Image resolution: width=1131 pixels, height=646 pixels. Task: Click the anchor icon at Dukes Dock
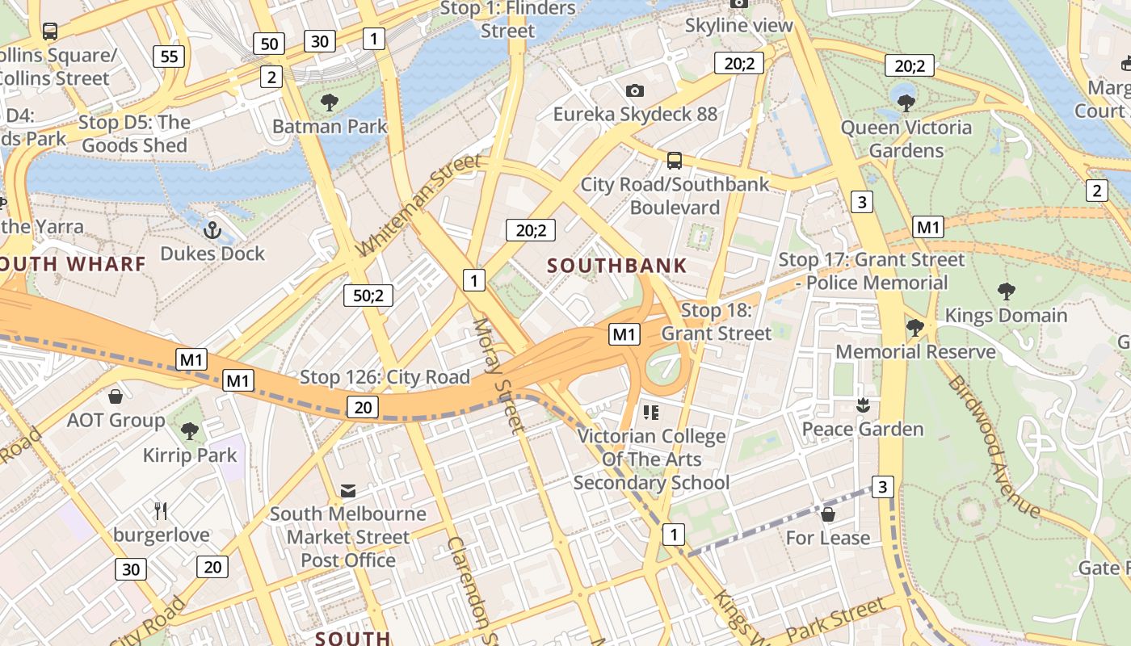[212, 231]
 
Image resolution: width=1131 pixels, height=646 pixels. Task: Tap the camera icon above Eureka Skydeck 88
[635, 90]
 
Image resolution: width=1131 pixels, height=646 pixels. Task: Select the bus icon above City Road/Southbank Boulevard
[675, 161]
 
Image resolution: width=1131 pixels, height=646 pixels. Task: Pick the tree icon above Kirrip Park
[190, 431]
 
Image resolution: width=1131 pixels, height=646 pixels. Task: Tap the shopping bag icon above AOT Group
[116, 396]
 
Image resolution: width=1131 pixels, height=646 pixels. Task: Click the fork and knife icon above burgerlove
[161, 510]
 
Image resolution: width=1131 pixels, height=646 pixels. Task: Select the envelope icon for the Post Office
[348, 490]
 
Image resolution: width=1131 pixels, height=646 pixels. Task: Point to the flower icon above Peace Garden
[863, 405]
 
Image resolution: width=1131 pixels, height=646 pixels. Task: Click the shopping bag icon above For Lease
[828, 514]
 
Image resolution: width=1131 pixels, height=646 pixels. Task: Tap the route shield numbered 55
[170, 57]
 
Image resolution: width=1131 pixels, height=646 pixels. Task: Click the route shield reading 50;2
[368, 296]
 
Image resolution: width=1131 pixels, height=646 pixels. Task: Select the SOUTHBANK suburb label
[617, 266]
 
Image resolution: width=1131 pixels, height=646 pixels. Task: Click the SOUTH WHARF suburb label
[73, 264]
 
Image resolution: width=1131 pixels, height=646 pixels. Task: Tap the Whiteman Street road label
[419, 205]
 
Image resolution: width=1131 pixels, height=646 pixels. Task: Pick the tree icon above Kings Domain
[1006, 292]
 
